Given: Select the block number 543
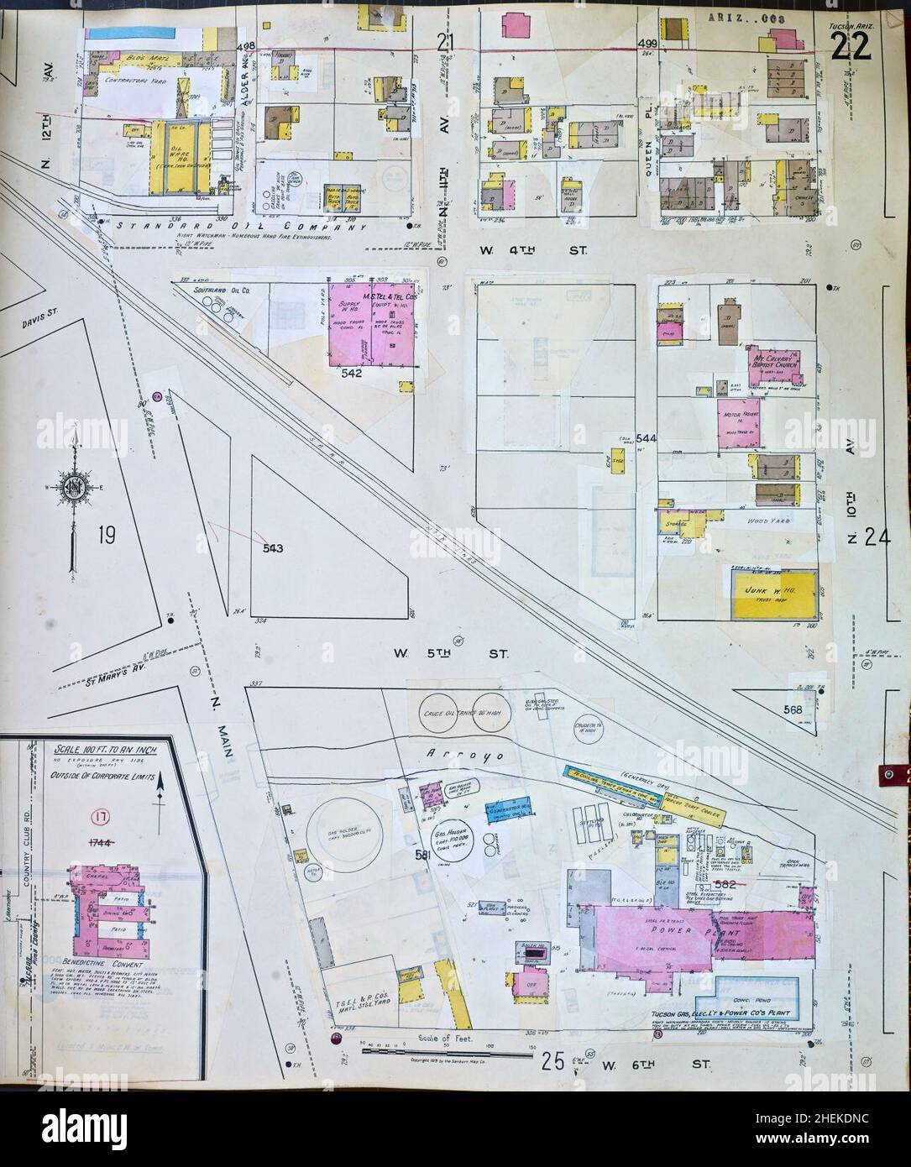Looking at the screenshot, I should tap(272, 548).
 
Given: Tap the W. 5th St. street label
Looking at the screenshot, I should tap(452, 652).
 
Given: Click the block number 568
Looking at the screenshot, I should tap(793, 710).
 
